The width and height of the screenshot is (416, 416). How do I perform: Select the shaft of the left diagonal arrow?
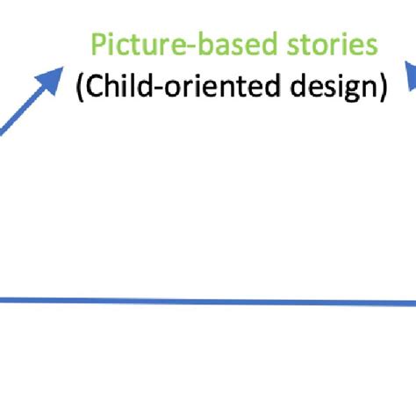[22, 110]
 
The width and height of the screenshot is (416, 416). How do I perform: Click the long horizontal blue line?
[208, 301]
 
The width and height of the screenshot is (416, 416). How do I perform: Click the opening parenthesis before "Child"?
[80, 90]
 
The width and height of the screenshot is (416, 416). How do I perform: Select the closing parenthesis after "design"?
[383, 90]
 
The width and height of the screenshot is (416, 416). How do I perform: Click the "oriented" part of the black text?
[234, 89]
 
